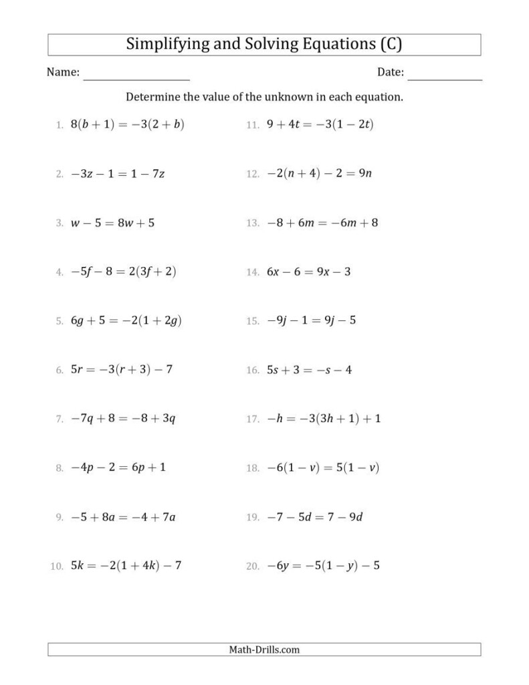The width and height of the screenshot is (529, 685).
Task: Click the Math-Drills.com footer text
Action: [x=264, y=649]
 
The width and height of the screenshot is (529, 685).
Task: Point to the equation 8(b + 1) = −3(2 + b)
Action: [x=127, y=124]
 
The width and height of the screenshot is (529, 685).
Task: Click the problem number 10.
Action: [x=56, y=567]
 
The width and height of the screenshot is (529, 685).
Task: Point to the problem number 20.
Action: [x=252, y=567]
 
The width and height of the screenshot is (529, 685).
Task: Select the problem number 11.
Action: [x=252, y=125]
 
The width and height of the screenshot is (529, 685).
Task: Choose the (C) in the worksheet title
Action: [x=391, y=44]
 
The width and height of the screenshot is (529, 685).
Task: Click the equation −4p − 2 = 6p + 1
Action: [x=118, y=468]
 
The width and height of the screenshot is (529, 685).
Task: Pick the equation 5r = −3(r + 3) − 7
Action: [x=122, y=370]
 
